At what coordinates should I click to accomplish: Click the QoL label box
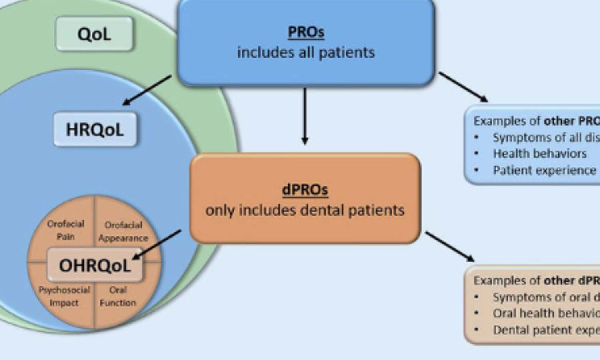point(94,34)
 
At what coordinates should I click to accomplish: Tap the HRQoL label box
point(95,130)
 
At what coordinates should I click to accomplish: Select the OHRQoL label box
point(95,265)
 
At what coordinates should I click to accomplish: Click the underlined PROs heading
point(306,32)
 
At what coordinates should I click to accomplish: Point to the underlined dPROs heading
point(305,190)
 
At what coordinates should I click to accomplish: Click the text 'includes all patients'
point(306,52)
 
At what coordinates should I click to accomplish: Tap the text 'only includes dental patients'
point(305,210)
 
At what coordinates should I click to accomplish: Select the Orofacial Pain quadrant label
point(66,230)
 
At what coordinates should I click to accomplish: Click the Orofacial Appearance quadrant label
point(123,231)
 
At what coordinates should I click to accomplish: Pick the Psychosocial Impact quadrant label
point(64,296)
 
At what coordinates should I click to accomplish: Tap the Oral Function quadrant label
point(118,296)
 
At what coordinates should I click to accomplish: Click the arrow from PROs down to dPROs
point(305,116)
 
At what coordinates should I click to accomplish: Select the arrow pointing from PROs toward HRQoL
point(147,90)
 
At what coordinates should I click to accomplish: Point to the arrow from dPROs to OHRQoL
point(157,244)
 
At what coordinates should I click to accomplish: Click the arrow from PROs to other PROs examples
point(463,87)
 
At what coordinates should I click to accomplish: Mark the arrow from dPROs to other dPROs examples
point(450,246)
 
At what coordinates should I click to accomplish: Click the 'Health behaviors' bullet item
point(539,154)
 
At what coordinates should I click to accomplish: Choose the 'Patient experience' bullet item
point(544,170)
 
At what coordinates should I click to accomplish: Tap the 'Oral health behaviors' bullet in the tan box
point(546,313)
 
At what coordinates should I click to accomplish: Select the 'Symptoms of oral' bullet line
point(546,297)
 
